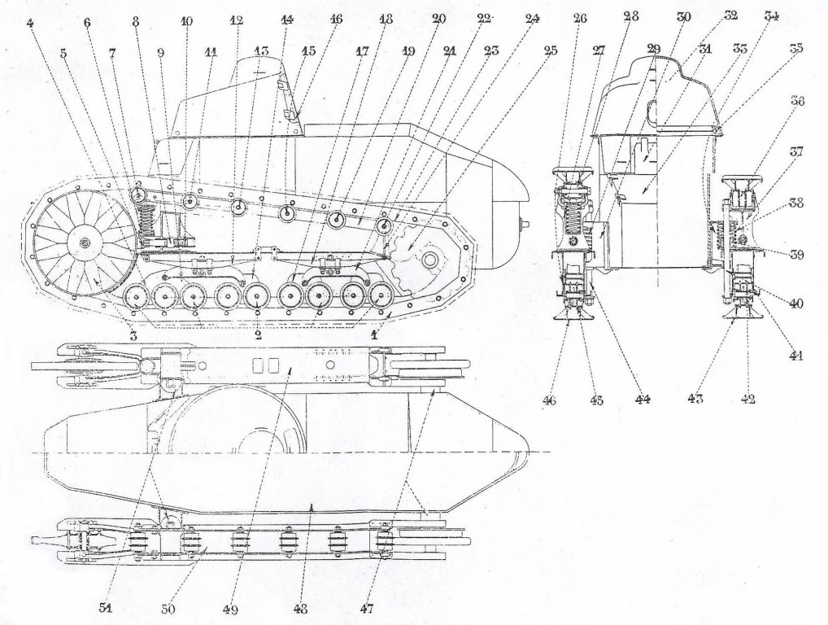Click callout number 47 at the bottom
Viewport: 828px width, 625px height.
click(367, 608)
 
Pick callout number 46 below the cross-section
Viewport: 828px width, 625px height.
click(551, 401)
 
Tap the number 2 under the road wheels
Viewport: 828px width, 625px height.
click(258, 335)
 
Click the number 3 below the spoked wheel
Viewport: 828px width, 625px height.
click(133, 335)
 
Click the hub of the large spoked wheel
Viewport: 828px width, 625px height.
click(84, 243)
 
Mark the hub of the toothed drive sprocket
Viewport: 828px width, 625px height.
click(429, 260)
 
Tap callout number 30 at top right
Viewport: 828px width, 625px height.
click(684, 17)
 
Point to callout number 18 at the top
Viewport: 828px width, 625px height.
click(386, 20)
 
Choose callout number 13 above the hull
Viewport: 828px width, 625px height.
click(261, 51)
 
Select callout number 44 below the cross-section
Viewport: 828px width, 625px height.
click(642, 399)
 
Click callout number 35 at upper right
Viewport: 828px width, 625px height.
click(795, 49)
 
